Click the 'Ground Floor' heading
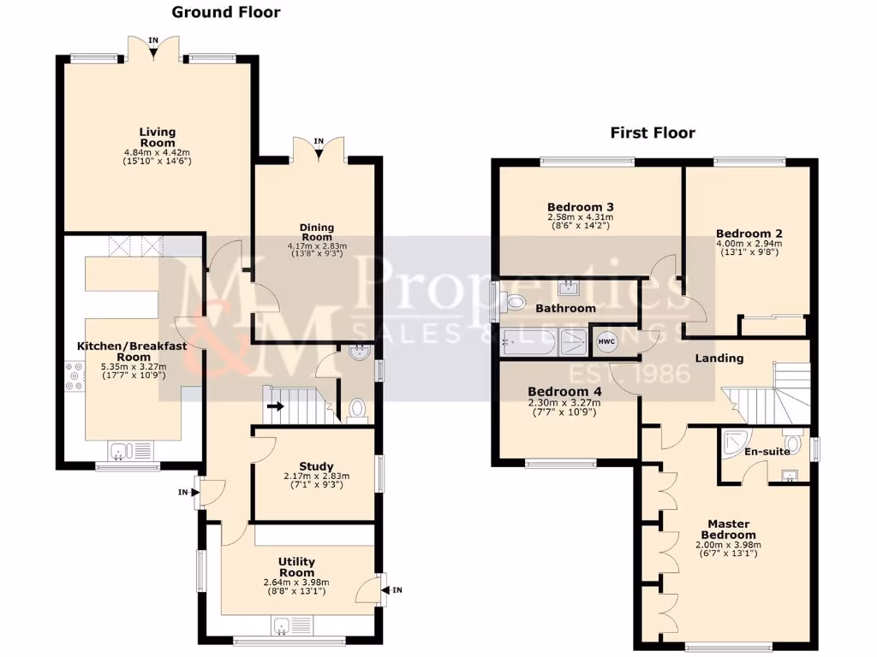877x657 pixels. (226, 12)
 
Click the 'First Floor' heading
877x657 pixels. (653, 133)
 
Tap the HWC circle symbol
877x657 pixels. (606, 342)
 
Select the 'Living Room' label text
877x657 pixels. (158, 137)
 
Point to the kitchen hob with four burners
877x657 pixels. (71, 378)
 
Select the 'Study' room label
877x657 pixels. (317, 466)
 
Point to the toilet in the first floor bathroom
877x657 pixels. (515, 301)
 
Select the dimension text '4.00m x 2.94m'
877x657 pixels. (749, 243)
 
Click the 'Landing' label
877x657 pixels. (719, 358)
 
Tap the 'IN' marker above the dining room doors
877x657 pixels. (319, 141)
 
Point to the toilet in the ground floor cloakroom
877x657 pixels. (357, 410)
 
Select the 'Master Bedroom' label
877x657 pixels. (728, 530)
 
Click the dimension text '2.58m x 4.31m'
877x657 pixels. (581, 217)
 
